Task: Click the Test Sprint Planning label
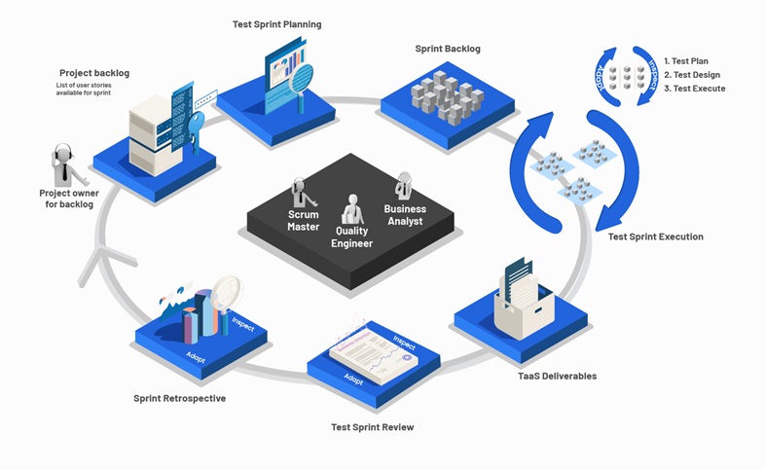point(277,24)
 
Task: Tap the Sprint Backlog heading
point(448,49)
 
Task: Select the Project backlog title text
point(94,73)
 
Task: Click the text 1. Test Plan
point(687,60)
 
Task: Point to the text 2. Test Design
point(693,75)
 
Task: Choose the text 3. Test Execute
point(694,89)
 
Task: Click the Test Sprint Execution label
point(655,236)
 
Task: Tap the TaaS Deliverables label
point(558,376)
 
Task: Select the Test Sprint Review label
point(373,427)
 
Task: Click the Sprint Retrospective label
point(179,398)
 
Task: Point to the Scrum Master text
point(303,220)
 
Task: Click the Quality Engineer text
point(351,236)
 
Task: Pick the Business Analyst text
point(405,215)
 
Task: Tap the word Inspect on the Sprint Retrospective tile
point(243,324)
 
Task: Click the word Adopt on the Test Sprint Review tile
point(353,380)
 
